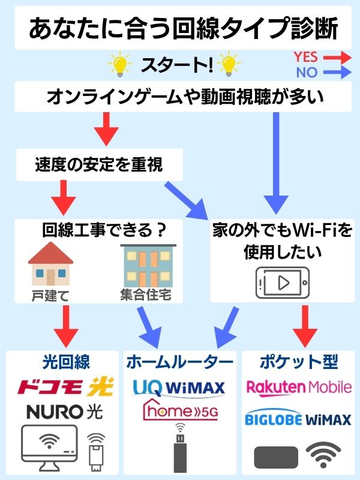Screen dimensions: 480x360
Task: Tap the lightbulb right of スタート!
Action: [x=229, y=64]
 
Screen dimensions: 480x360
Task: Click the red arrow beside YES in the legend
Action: [x=337, y=58]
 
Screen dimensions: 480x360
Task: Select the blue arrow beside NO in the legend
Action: [x=337, y=74]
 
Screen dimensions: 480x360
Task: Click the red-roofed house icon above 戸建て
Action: [x=50, y=264]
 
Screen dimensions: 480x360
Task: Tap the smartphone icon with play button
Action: [x=283, y=280]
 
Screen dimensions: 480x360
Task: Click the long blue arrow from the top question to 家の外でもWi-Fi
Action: [x=277, y=162]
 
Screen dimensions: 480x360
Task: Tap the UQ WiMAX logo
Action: [x=178, y=387]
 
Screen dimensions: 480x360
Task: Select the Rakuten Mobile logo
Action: [x=298, y=387]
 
